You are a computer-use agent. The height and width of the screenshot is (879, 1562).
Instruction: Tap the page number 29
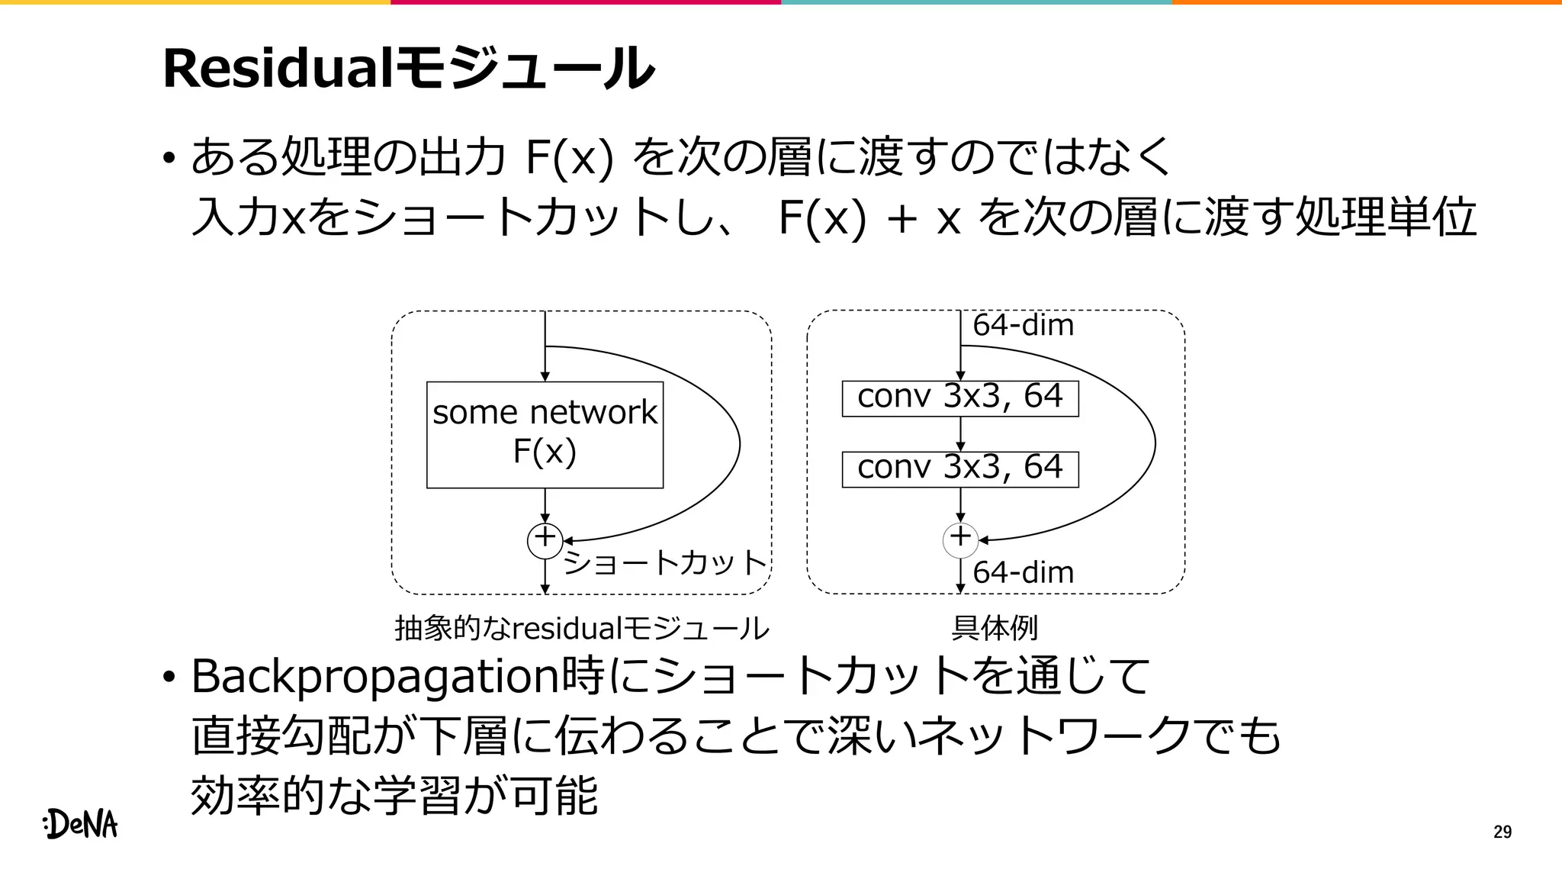[x=1502, y=832]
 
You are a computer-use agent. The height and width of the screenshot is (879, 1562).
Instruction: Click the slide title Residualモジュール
[x=408, y=69]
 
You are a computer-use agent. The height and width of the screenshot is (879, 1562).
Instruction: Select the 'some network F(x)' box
[x=545, y=434]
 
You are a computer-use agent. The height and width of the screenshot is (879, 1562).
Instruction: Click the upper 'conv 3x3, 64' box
[x=959, y=398]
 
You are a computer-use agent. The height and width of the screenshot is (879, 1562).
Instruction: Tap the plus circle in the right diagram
[x=960, y=539]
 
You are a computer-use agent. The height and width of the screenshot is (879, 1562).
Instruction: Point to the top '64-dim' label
[x=1023, y=326]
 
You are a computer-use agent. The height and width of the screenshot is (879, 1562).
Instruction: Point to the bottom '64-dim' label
[x=1023, y=572]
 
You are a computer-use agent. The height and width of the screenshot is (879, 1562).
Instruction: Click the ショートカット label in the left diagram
[x=664, y=563]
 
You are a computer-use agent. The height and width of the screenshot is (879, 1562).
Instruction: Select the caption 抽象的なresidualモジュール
[x=581, y=628]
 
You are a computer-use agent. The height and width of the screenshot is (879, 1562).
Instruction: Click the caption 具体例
[x=994, y=628]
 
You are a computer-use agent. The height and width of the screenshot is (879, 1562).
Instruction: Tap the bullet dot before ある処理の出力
[x=169, y=159]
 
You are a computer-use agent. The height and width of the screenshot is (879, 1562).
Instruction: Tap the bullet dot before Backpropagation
[x=169, y=678]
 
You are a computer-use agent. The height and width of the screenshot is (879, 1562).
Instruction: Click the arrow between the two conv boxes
[x=960, y=434]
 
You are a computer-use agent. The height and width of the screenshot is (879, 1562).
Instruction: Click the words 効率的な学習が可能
[x=394, y=795]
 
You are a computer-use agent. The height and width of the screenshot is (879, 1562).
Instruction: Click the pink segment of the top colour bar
[x=586, y=2]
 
